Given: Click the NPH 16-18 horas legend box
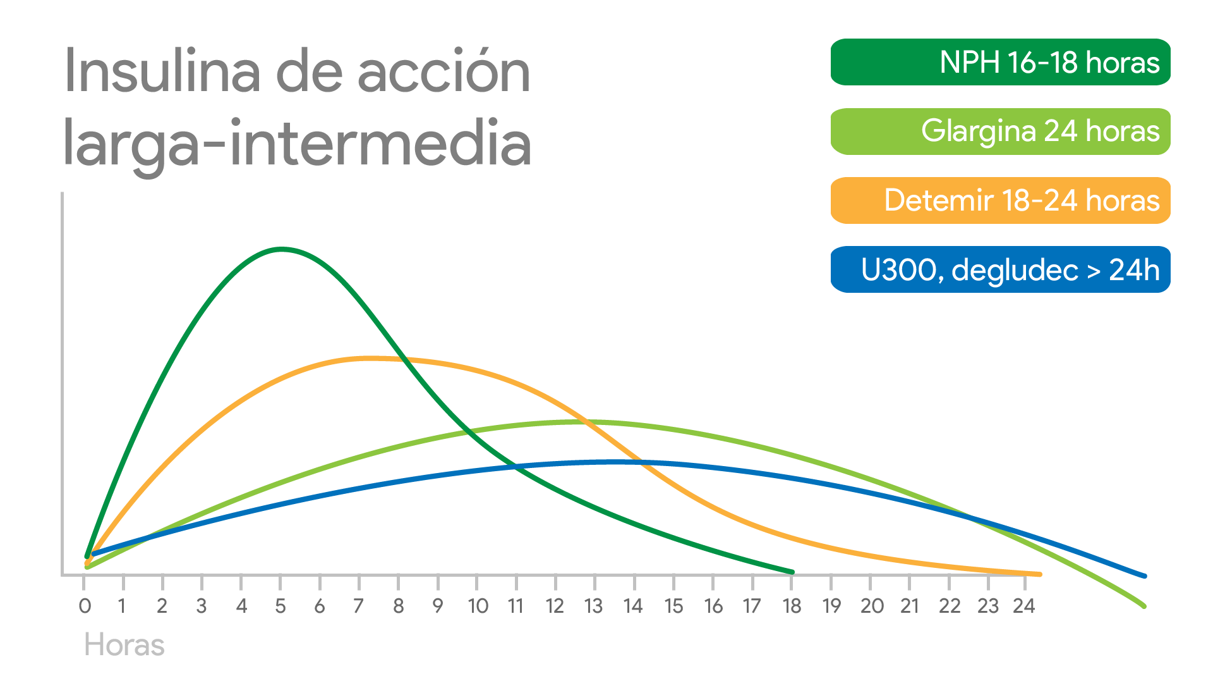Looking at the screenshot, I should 1000,62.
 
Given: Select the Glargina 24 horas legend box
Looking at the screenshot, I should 1000,132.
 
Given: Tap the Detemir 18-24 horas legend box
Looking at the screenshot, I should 1000,200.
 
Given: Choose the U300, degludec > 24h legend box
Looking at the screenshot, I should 1000,269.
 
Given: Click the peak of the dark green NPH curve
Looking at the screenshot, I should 281,249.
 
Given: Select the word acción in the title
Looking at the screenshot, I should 444,71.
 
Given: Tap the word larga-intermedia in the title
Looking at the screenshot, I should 297,143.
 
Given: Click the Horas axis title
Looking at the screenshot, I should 124,645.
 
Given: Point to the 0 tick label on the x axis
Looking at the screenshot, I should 85,606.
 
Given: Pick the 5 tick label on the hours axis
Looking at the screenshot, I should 281,606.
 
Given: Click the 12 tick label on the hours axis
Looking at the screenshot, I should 555,606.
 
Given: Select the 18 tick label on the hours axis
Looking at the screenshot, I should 792,606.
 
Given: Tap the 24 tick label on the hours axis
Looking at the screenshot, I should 1024,606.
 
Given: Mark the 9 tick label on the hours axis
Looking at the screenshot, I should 437,606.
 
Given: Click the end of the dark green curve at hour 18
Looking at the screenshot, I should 792,572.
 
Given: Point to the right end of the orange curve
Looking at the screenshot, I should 1039,574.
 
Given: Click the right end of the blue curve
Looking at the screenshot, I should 1144,575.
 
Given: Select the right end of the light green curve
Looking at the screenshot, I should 1144,606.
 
